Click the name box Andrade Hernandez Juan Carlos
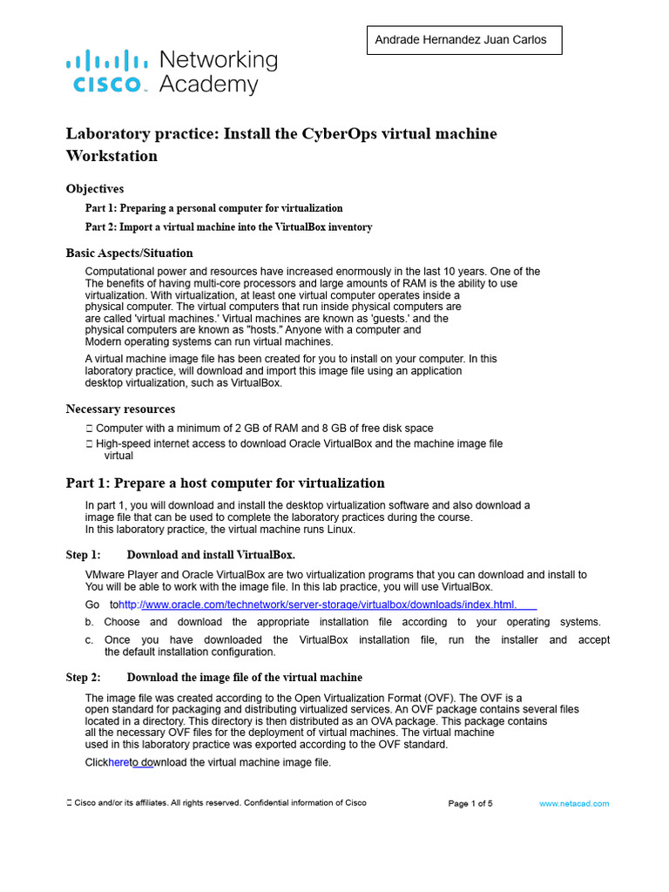tap(463, 40)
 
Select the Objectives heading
tap(95, 188)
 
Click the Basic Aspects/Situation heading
tap(130, 253)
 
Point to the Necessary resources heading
tap(120, 409)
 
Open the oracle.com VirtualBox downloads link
tap(318, 605)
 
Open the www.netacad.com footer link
tap(574, 803)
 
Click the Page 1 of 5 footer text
tap(470, 803)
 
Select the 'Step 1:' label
tap(84, 555)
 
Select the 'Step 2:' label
tap(84, 677)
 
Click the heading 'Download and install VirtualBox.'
tap(211, 555)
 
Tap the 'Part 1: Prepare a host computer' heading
tap(225, 483)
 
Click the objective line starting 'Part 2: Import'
tap(228, 227)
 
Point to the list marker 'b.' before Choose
tap(90, 622)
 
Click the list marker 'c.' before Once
tap(90, 639)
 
